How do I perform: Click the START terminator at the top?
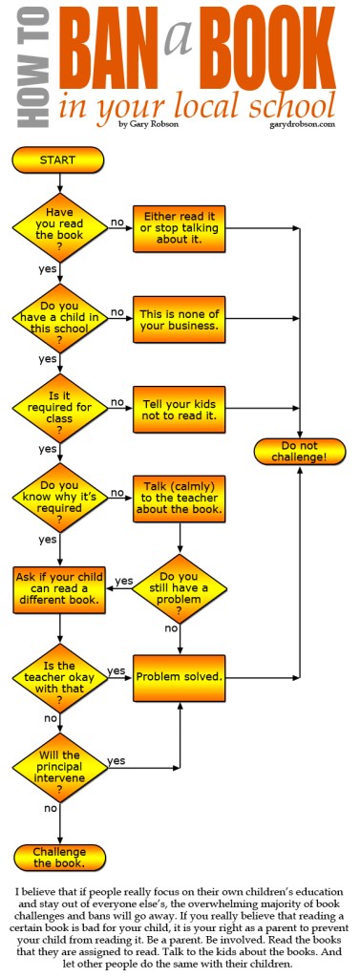[58, 159]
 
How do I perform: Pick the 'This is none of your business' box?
[179, 318]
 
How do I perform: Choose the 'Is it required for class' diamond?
[59, 408]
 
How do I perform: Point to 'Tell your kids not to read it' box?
[179, 408]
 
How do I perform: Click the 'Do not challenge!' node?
[300, 452]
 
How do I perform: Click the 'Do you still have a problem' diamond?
[179, 585]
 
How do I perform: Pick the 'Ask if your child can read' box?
[59, 589]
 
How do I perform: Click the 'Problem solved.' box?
[179, 677]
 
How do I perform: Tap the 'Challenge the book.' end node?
[59, 857]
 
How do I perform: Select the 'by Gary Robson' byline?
[149, 123]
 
